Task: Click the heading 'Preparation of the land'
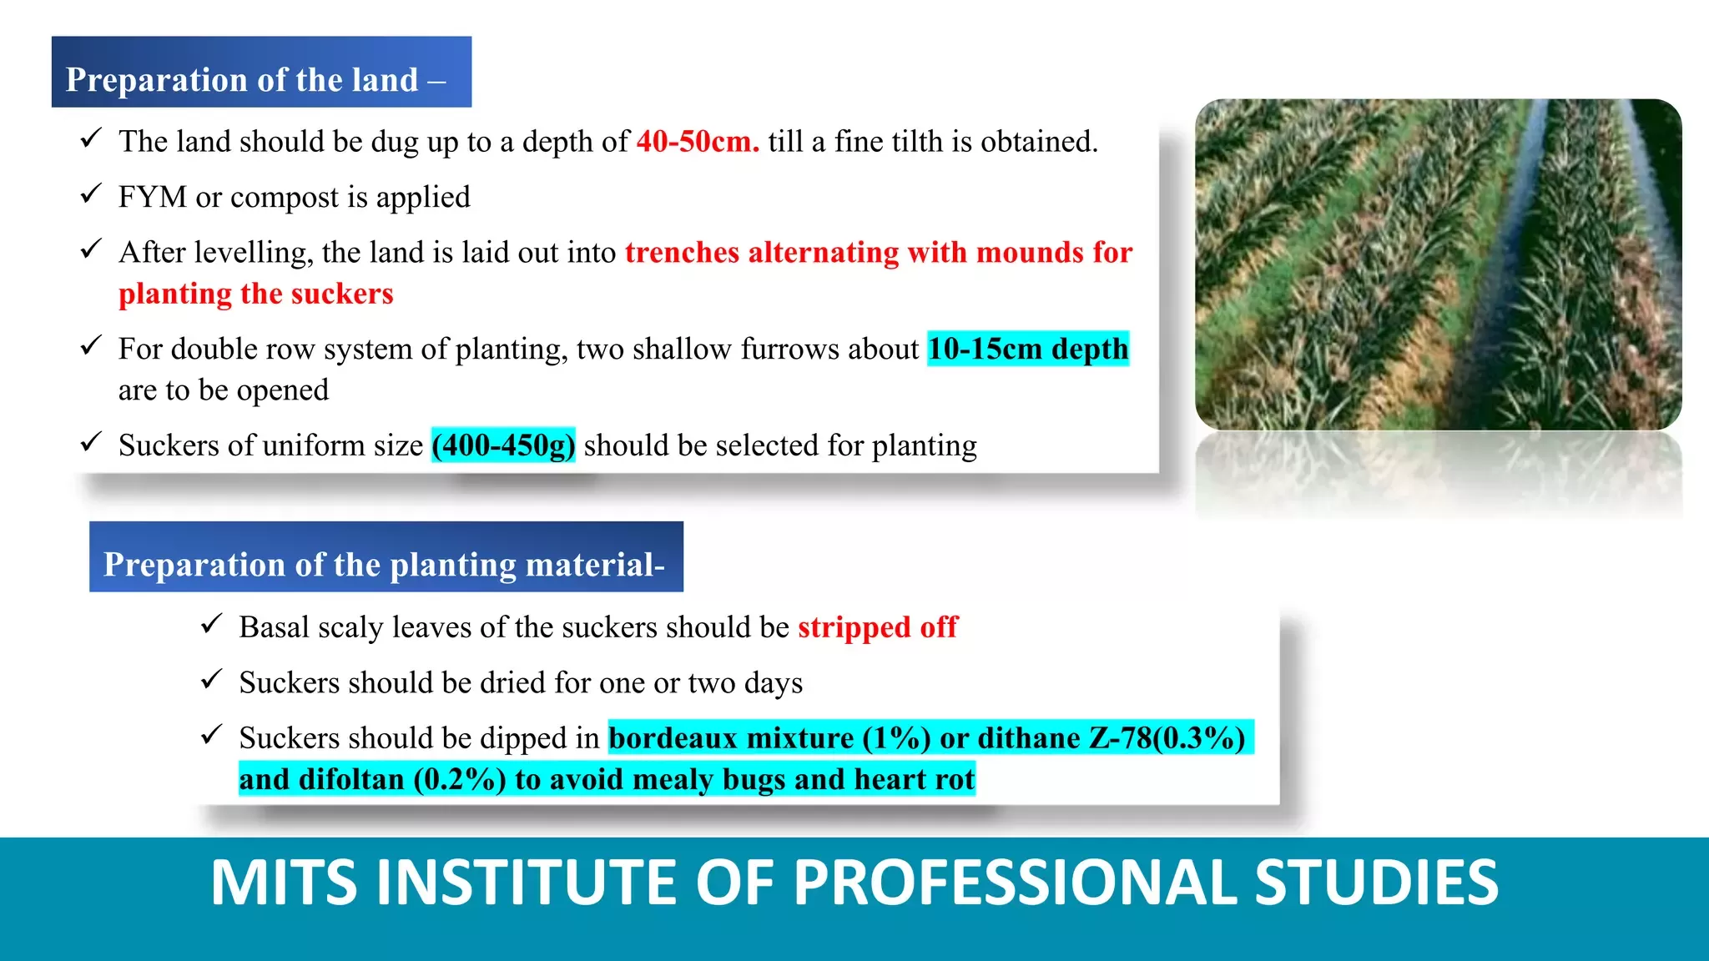[x=242, y=80]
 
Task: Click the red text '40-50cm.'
[x=698, y=142]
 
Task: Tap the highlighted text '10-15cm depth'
[x=1028, y=349]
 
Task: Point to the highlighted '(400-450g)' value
[x=503, y=445]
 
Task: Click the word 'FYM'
[x=153, y=197]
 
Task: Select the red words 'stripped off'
[x=878, y=627]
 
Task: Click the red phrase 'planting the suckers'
[x=255, y=294]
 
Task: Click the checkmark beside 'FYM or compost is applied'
[x=91, y=194]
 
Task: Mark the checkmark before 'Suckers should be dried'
[x=211, y=679]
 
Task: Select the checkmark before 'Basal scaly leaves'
[x=211, y=623]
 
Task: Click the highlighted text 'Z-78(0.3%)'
[x=1167, y=738]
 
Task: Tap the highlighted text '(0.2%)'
[x=460, y=779]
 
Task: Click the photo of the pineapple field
[x=1438, y=264]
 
